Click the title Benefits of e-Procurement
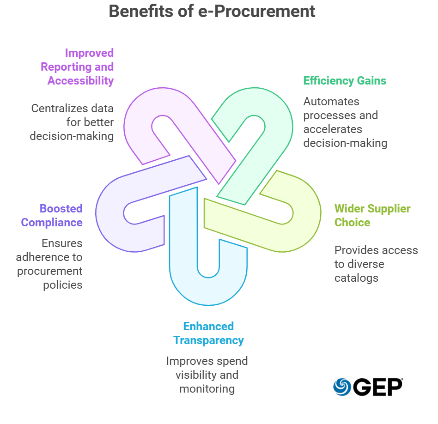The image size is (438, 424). click(212, 11)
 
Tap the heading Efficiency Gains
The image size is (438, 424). click(345, 81)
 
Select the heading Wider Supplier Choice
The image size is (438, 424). click(372, 215)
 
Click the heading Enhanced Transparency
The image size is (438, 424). click(208, 333)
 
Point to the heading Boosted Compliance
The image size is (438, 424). click(52, 215)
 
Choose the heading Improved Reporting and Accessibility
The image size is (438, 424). click(77, 67)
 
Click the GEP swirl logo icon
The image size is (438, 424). click(342, 387)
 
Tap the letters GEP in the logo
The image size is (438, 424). click(378, 387)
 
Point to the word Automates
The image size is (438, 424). click(331, 102)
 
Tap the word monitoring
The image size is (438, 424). click(207, 389)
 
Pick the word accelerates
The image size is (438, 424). click(333, 129)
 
